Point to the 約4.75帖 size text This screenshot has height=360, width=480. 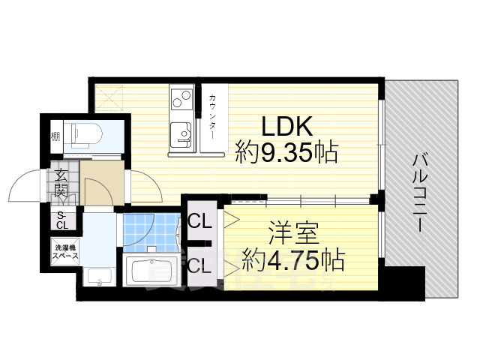(292, 260)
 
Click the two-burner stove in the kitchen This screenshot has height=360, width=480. (181, 98)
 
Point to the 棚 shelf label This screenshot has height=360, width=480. (55, 136)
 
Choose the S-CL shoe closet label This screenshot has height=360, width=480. (61, 220)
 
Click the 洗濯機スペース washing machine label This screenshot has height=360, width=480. (64, 251)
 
